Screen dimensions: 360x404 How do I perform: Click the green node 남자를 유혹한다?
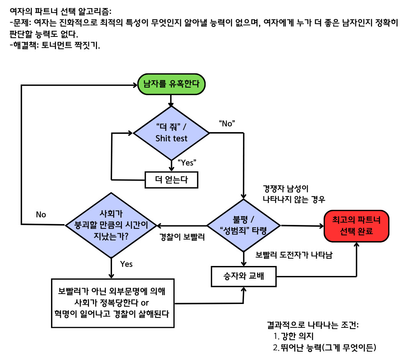tap(171, 84)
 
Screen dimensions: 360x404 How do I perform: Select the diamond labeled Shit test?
tap(171, 133)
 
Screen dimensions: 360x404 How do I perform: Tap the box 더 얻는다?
tap(171, 179)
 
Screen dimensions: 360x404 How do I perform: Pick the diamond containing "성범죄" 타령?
tap(243, 225)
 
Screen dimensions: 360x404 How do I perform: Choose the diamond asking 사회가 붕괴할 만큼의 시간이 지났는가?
tap(111, 225)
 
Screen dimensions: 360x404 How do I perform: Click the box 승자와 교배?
tap(244, 276)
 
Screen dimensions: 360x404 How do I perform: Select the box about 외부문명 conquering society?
tap(113, 303)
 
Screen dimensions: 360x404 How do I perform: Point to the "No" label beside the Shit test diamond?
tap(227, 123)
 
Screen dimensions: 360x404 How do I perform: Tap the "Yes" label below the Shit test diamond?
tap(186, 162)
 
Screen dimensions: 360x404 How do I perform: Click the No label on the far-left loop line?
tap(41, 215)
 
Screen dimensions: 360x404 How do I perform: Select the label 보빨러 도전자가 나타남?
tap(294, 255)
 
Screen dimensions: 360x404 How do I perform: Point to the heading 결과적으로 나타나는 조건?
tap(313, 325)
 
